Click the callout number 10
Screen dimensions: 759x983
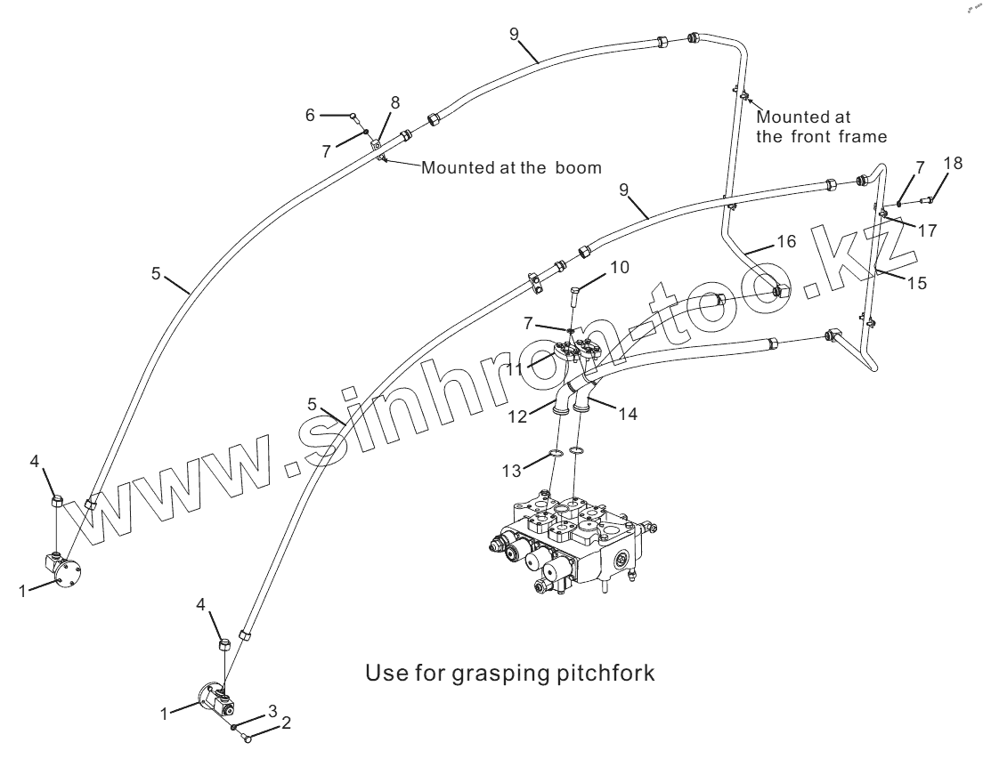[620, 267]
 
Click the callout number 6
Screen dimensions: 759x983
[311, 115]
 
